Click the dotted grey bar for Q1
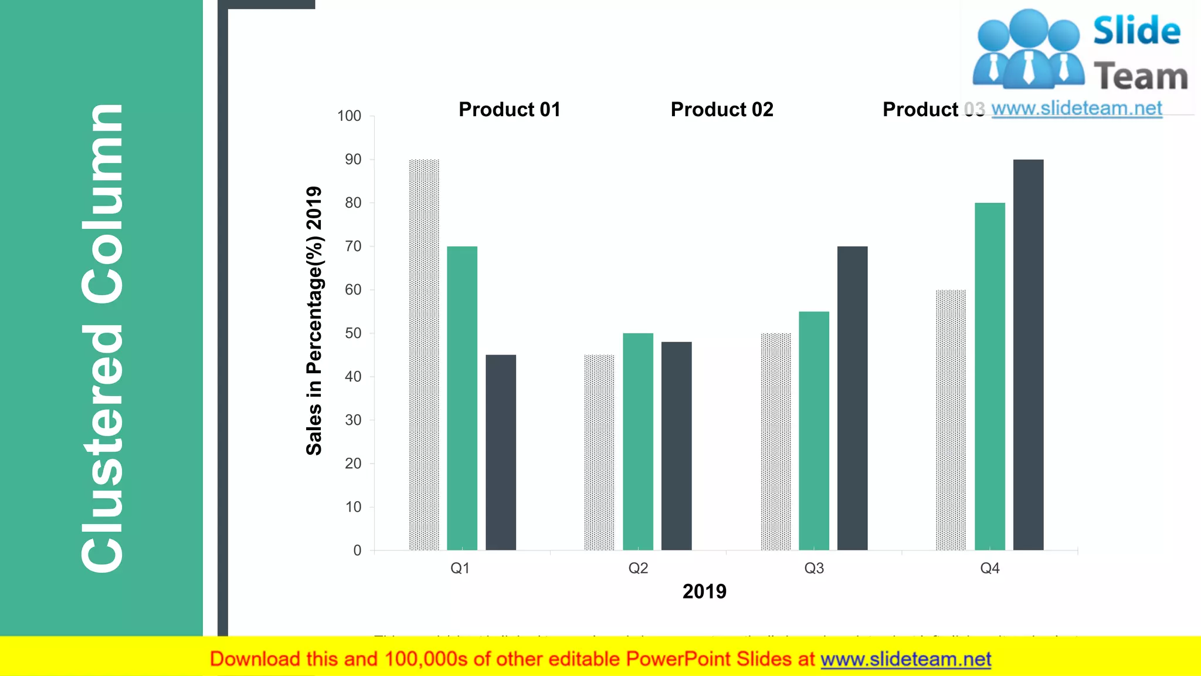click(424, 355)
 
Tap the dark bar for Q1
click(501, 452)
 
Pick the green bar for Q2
click(638, 441)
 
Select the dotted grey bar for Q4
click(951, 420)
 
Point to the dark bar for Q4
click(1028, 355)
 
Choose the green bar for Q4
click(990, 376)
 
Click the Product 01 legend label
click(510, 110)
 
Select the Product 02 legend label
click(722, 110)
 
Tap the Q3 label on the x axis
click(814, 568)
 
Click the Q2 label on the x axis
click(638, 568)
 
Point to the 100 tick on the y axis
click(350, 116)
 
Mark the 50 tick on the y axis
click(353, 333)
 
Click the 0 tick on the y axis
click(357, 550)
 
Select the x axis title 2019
click(704, 591)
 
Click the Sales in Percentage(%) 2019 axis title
click(314, 320)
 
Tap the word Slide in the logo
click(1136, 31)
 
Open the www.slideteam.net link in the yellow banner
click(905, 660)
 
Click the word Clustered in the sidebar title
click(103, 449)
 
